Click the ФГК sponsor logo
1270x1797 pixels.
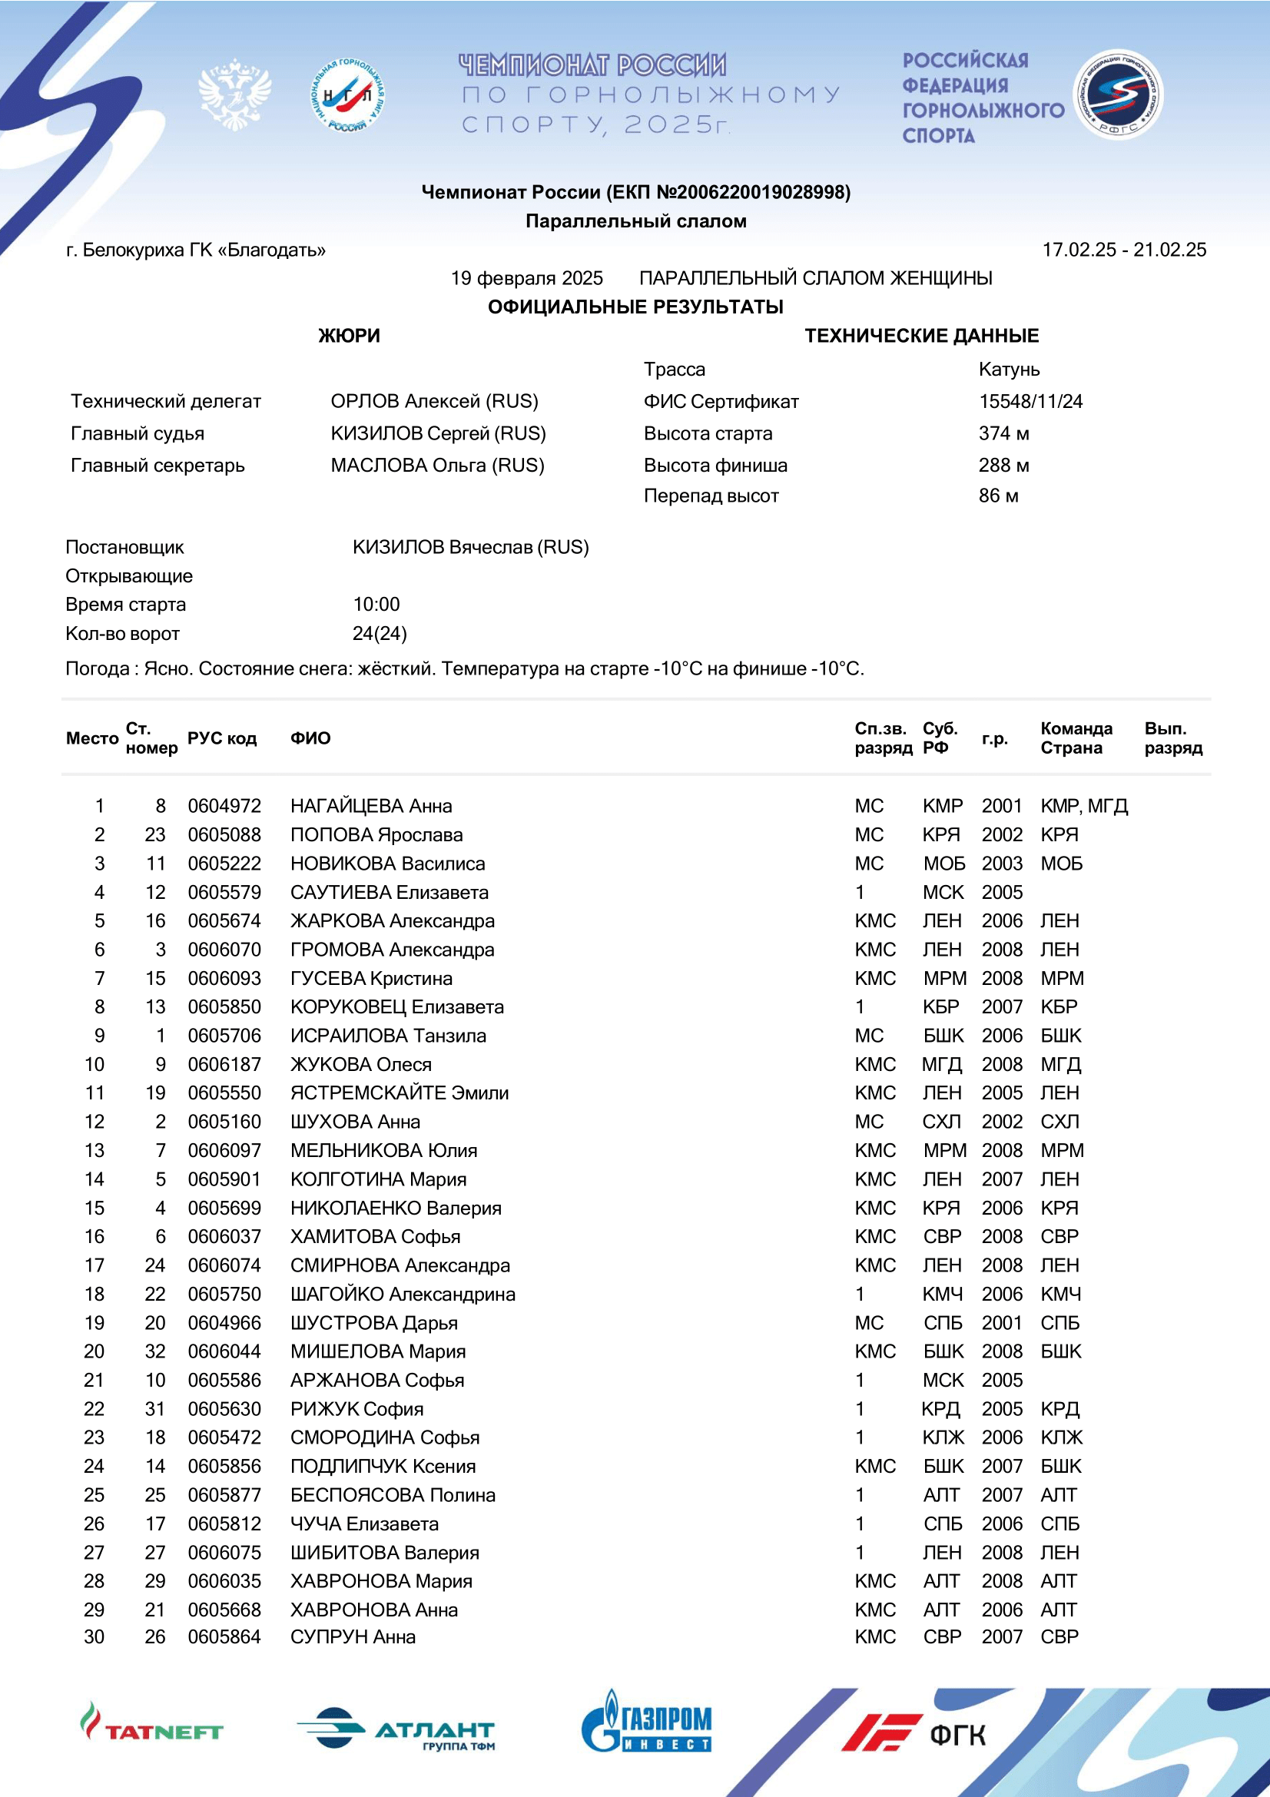pyautogui.click(x=914, y=1732)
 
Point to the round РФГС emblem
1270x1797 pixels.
pyautogui.click(x=1117, y=94)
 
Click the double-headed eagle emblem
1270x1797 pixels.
pyautogui.click(x=235, y=94)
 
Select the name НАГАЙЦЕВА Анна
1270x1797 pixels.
pyautogui.click(x=371, y=806)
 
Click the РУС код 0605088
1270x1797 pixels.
pyautogui.click(x=224, y=835)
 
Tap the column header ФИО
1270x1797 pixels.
pyautogui.click(x=310, y=738)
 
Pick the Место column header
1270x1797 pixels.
pyautogui.click(x=91, y=738)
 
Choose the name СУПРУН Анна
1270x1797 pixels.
pyautogui.click(x=353, y=1636)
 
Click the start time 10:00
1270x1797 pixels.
pyautogui.click(x=376, y=604)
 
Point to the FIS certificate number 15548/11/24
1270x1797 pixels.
pyautogui.click(x=1030, y=402)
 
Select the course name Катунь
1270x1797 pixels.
pyautogui.click(x=1009, y=370)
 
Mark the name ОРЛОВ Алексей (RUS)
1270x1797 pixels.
pyautogui.click(x=434, y=402)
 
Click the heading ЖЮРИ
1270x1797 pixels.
pyautogui.click(x=349, y=336)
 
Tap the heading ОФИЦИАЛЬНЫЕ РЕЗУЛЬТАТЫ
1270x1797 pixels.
pyautogui.click(x=635, y=307)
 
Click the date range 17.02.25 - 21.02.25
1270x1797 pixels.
pyautogui.click(x=1124, y=250)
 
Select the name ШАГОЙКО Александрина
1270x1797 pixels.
pyautogui.click(x=403, y=1295)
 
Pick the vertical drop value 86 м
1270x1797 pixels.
pyautogui.click(x=999, y=496)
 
